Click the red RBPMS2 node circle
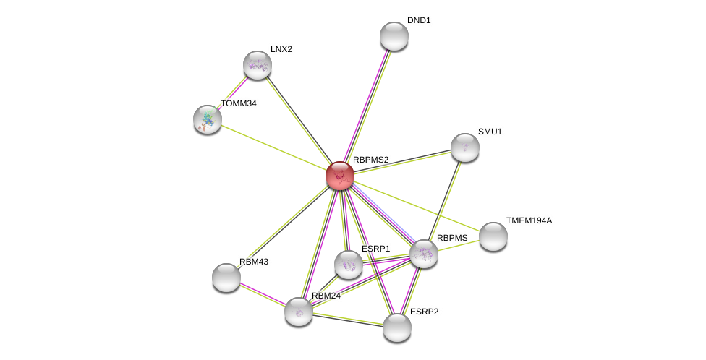(x=339, y=176)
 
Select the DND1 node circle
(x=394, y=36)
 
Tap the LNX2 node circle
(x=258, y=65)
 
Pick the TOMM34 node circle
(x=208, y=119)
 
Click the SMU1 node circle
(x=465, y=147)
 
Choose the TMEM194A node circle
(x=493, y=236)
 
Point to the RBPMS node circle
(x=424, y=254)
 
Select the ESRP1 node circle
(x=349, y=265)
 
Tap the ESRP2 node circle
(x=397, y=327)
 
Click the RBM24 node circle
(x=299, y=312)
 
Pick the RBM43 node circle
(x=226, y=278)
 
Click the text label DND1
(x=419, y=20)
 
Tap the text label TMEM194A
(x=529, y=220)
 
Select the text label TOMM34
(x=239, y=103)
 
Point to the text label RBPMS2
(x=371, y=160)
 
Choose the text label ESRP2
(x=424, y=312)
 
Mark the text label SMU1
(x=490, y=132)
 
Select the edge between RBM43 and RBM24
(x=263, y=295)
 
